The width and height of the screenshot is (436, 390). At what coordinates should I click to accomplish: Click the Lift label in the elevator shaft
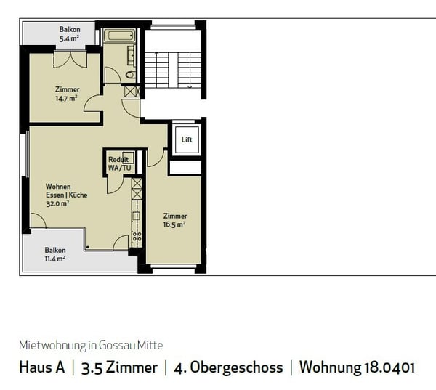coord(187,139)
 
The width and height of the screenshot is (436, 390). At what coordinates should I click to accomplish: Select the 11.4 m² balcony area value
coord(55,259)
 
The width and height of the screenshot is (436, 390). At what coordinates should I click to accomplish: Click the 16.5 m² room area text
coord(174,224)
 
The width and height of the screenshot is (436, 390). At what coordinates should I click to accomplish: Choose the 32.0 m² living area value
coord(57,204)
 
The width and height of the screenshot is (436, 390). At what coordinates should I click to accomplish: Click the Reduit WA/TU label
coord(119,164)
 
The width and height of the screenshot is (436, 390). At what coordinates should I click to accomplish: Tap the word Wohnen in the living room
coord(57,187)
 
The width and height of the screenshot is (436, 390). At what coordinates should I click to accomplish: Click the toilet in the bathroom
coord(131,74)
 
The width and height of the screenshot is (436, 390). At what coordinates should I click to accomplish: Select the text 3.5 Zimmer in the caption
coord(120,367)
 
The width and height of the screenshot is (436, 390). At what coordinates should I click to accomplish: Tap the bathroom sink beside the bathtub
coord(132,54)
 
